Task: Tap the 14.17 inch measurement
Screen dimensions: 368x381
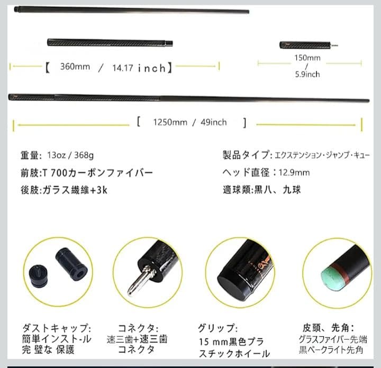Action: (139, 68)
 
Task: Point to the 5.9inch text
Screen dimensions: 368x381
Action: (307, 74)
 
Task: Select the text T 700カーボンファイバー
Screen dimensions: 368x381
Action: (101, 172)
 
